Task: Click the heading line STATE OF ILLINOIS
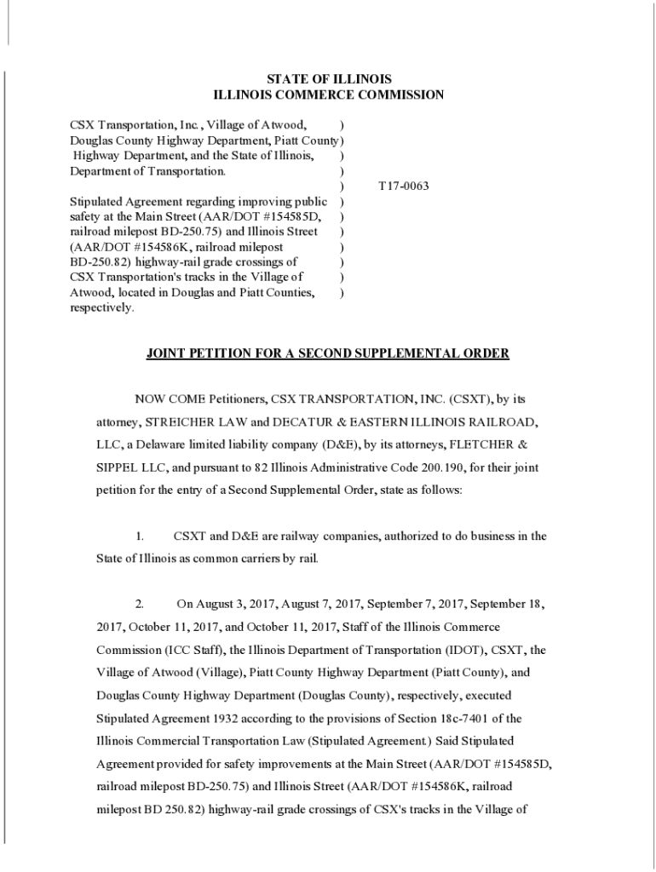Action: click(328, 79)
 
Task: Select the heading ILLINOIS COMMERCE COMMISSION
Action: click(328, 95)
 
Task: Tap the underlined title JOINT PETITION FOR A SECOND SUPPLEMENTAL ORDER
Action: click(328, 353)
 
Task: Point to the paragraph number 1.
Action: click(139, 536)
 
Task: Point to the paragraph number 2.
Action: click(139, 605)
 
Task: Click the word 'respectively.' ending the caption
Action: click(102, 308)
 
